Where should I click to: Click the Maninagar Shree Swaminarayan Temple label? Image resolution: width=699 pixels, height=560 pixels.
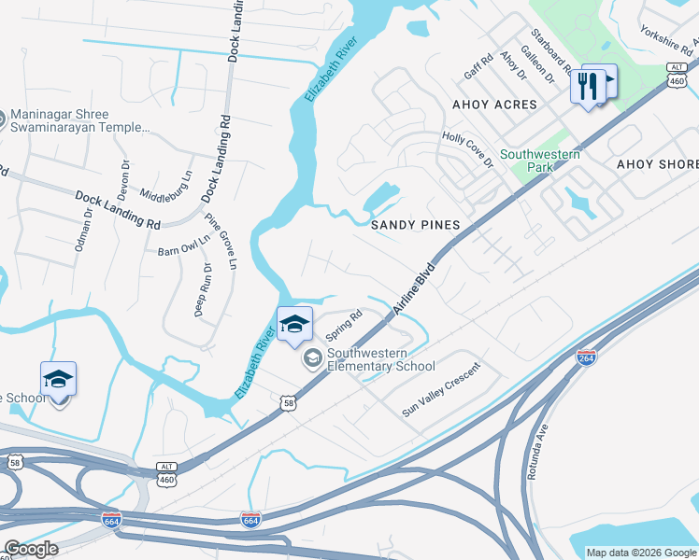pyautogui.click(x=81, y=119)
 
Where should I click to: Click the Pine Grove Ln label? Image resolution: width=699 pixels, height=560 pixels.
pyautogui.click(x=221, y=244)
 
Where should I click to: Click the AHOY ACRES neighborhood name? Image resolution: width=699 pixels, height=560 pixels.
pyautogui.click(x=495, y=105)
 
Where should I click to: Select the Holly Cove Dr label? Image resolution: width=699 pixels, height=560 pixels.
pyautogui.click(x=466, y=149)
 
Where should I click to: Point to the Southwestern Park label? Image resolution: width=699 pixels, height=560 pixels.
pyautogui.click(x=539, y=161)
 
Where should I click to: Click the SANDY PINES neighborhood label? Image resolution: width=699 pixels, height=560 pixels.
pyautogui.click(x=416, y=225)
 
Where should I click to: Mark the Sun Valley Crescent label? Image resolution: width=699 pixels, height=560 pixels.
pyautogui.click(x=440, y=389)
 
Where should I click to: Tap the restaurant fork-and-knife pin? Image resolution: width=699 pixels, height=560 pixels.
pyautogui.click(x=587, y=86)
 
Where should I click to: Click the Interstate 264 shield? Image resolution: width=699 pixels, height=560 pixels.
pyautogui.click(x=586, y=357)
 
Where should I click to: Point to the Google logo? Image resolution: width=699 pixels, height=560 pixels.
pyautogui.click(x=31, y=548)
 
